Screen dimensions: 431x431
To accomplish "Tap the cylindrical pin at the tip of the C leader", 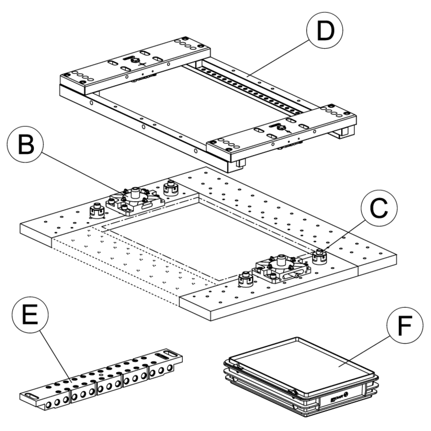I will pos(320,254).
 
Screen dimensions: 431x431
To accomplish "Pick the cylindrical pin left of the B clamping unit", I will pos(95,210).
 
